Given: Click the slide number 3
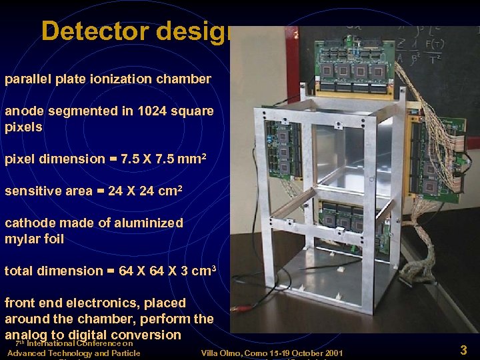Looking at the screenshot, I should pos(463,349).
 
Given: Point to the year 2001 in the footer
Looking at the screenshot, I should pos(331,353).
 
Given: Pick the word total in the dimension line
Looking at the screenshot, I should pos(18,271).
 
